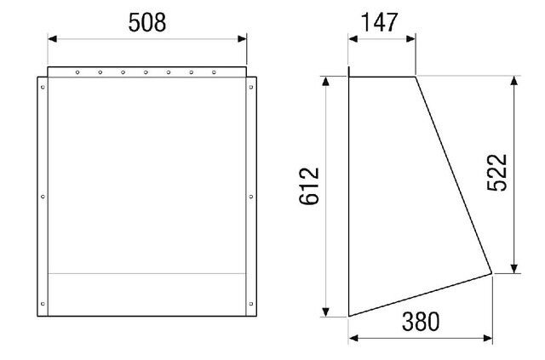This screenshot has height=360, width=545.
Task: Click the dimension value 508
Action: [x=147, y=23]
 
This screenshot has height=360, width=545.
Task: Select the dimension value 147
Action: [x=379, y=23]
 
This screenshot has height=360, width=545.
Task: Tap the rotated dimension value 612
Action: [x=309, y=186]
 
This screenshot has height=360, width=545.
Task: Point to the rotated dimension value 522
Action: [x=497, y=173]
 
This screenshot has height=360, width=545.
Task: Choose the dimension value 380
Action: [x=421, y=322]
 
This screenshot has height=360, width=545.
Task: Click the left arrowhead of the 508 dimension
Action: [x=52, y=38]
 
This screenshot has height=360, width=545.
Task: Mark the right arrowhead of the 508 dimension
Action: [x=242, y=38]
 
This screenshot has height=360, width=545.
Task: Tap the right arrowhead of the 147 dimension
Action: [x=410, y=38]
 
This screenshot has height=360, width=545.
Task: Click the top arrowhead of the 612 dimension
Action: [x=325, y=81]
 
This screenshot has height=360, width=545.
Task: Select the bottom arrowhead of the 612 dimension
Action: [x=325, y=311]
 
